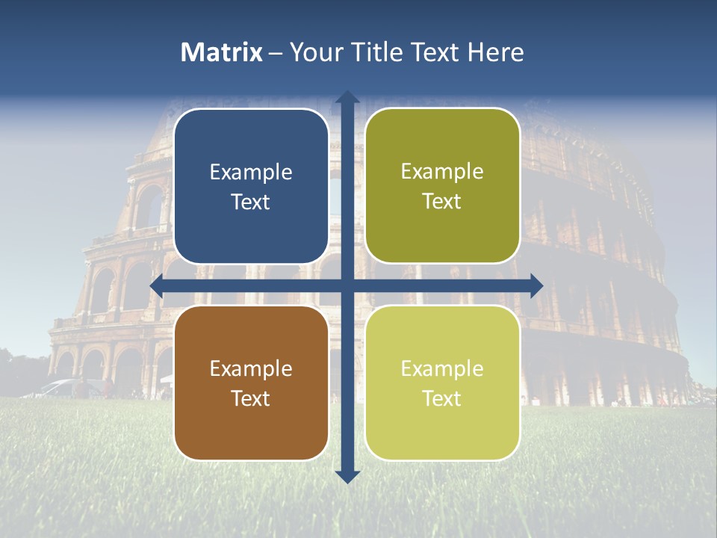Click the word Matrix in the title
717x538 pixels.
[x=221, y=52]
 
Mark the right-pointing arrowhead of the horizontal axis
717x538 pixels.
[x=536, y=285]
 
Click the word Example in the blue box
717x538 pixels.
[x=251, y=173]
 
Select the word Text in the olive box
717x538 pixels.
[x=442, y=202]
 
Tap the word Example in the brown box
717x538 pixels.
[x=251, y=369]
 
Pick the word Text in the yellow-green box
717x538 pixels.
[x=442, y=398]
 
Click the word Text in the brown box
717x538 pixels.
[x=251, y=398]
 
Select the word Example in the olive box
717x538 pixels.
[x=442, y=172]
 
